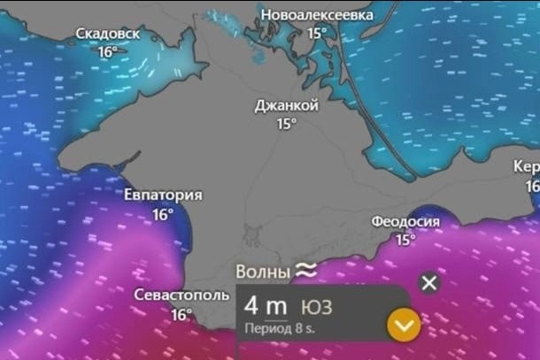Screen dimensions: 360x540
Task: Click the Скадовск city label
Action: pyautogui.click(x=107, y=34)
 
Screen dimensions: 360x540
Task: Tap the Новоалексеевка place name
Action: pyautogui.click(x=316, y=15)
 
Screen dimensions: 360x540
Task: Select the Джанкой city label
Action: pyautogui.click(x=286, y=105)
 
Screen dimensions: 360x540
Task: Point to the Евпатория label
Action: pyautogui.click(x=163, y=195)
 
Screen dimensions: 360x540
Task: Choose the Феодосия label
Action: pyautogui.click(x=405, y=221)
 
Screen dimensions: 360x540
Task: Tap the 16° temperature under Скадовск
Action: pyautogui.click(x=107, y=52)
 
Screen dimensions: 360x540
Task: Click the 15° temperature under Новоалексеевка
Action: pyautogui.click(x=316, y=34)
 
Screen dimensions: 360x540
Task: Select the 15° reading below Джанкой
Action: pyautogui.click(x=286, y=124)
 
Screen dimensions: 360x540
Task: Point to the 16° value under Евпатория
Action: pyautogui.click(x=163, y=214)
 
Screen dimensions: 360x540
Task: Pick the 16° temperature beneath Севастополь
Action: pyautogui.click(x=181, y=314)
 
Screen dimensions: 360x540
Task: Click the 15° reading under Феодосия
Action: pyautogui.click(x=405, y=240)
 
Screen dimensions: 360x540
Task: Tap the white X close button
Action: pyautogui.click(x=429, y=283)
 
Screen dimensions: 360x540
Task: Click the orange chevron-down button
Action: pyautogui.click(x=403, y=327)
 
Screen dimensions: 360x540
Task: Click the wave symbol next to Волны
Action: pyautogui.click(x=306, y=270)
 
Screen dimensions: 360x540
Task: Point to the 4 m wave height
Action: pyautogui.click(x=266, y=307)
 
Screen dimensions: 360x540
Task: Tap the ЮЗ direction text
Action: pyautogui.click(x=317, y=307)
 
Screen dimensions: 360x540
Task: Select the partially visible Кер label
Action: pyautogui.click(x=528, y=167)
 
